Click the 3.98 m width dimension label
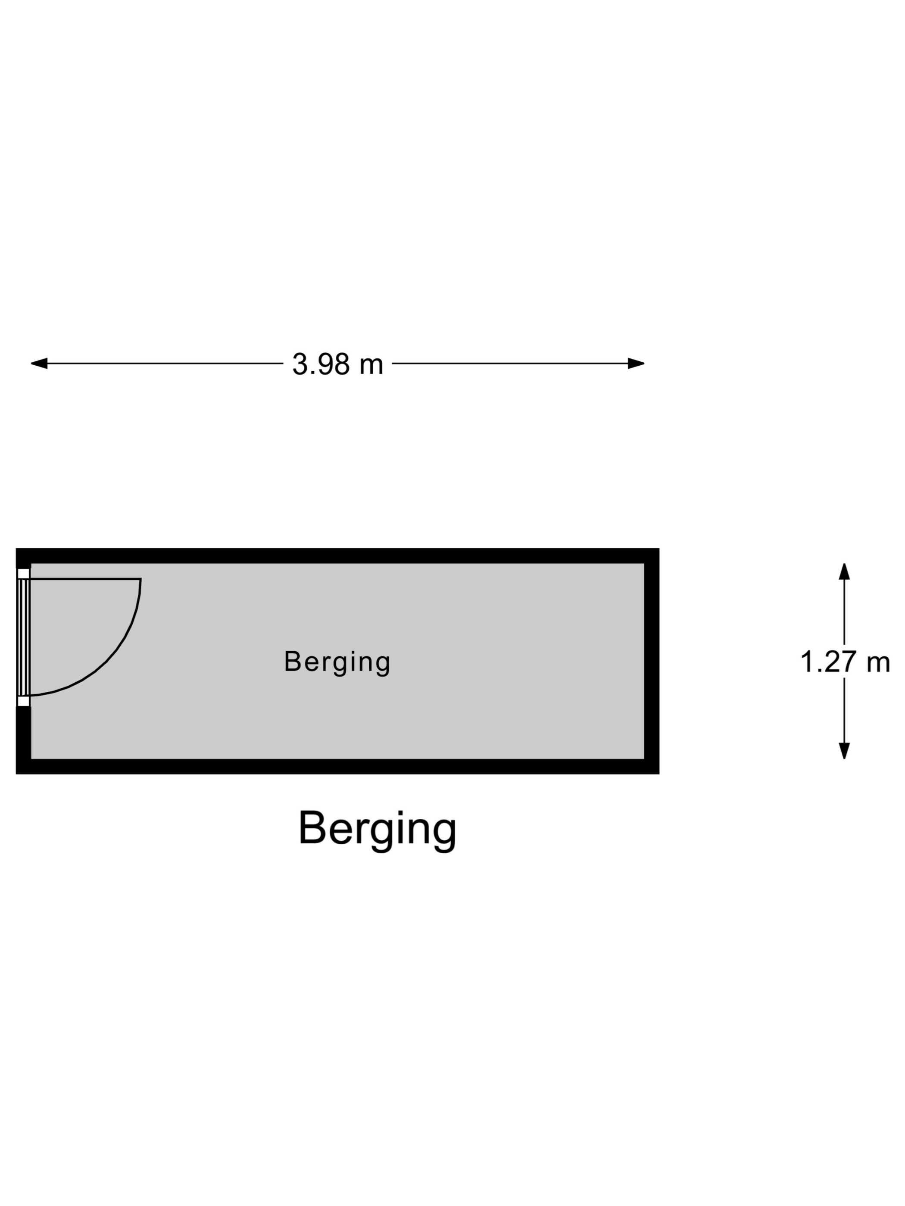(338, 364)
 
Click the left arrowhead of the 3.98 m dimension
(39, 363)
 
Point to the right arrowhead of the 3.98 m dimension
(636, 363)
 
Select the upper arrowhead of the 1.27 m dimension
(844, 572)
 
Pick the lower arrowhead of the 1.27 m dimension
(844, 751)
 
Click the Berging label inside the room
(337, 662)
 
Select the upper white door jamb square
(23, 574)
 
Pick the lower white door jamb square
(23, 701)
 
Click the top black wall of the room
(337, 556)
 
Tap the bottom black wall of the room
(337, 767)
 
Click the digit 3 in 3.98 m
(300, 364)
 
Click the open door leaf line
(85, 579)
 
